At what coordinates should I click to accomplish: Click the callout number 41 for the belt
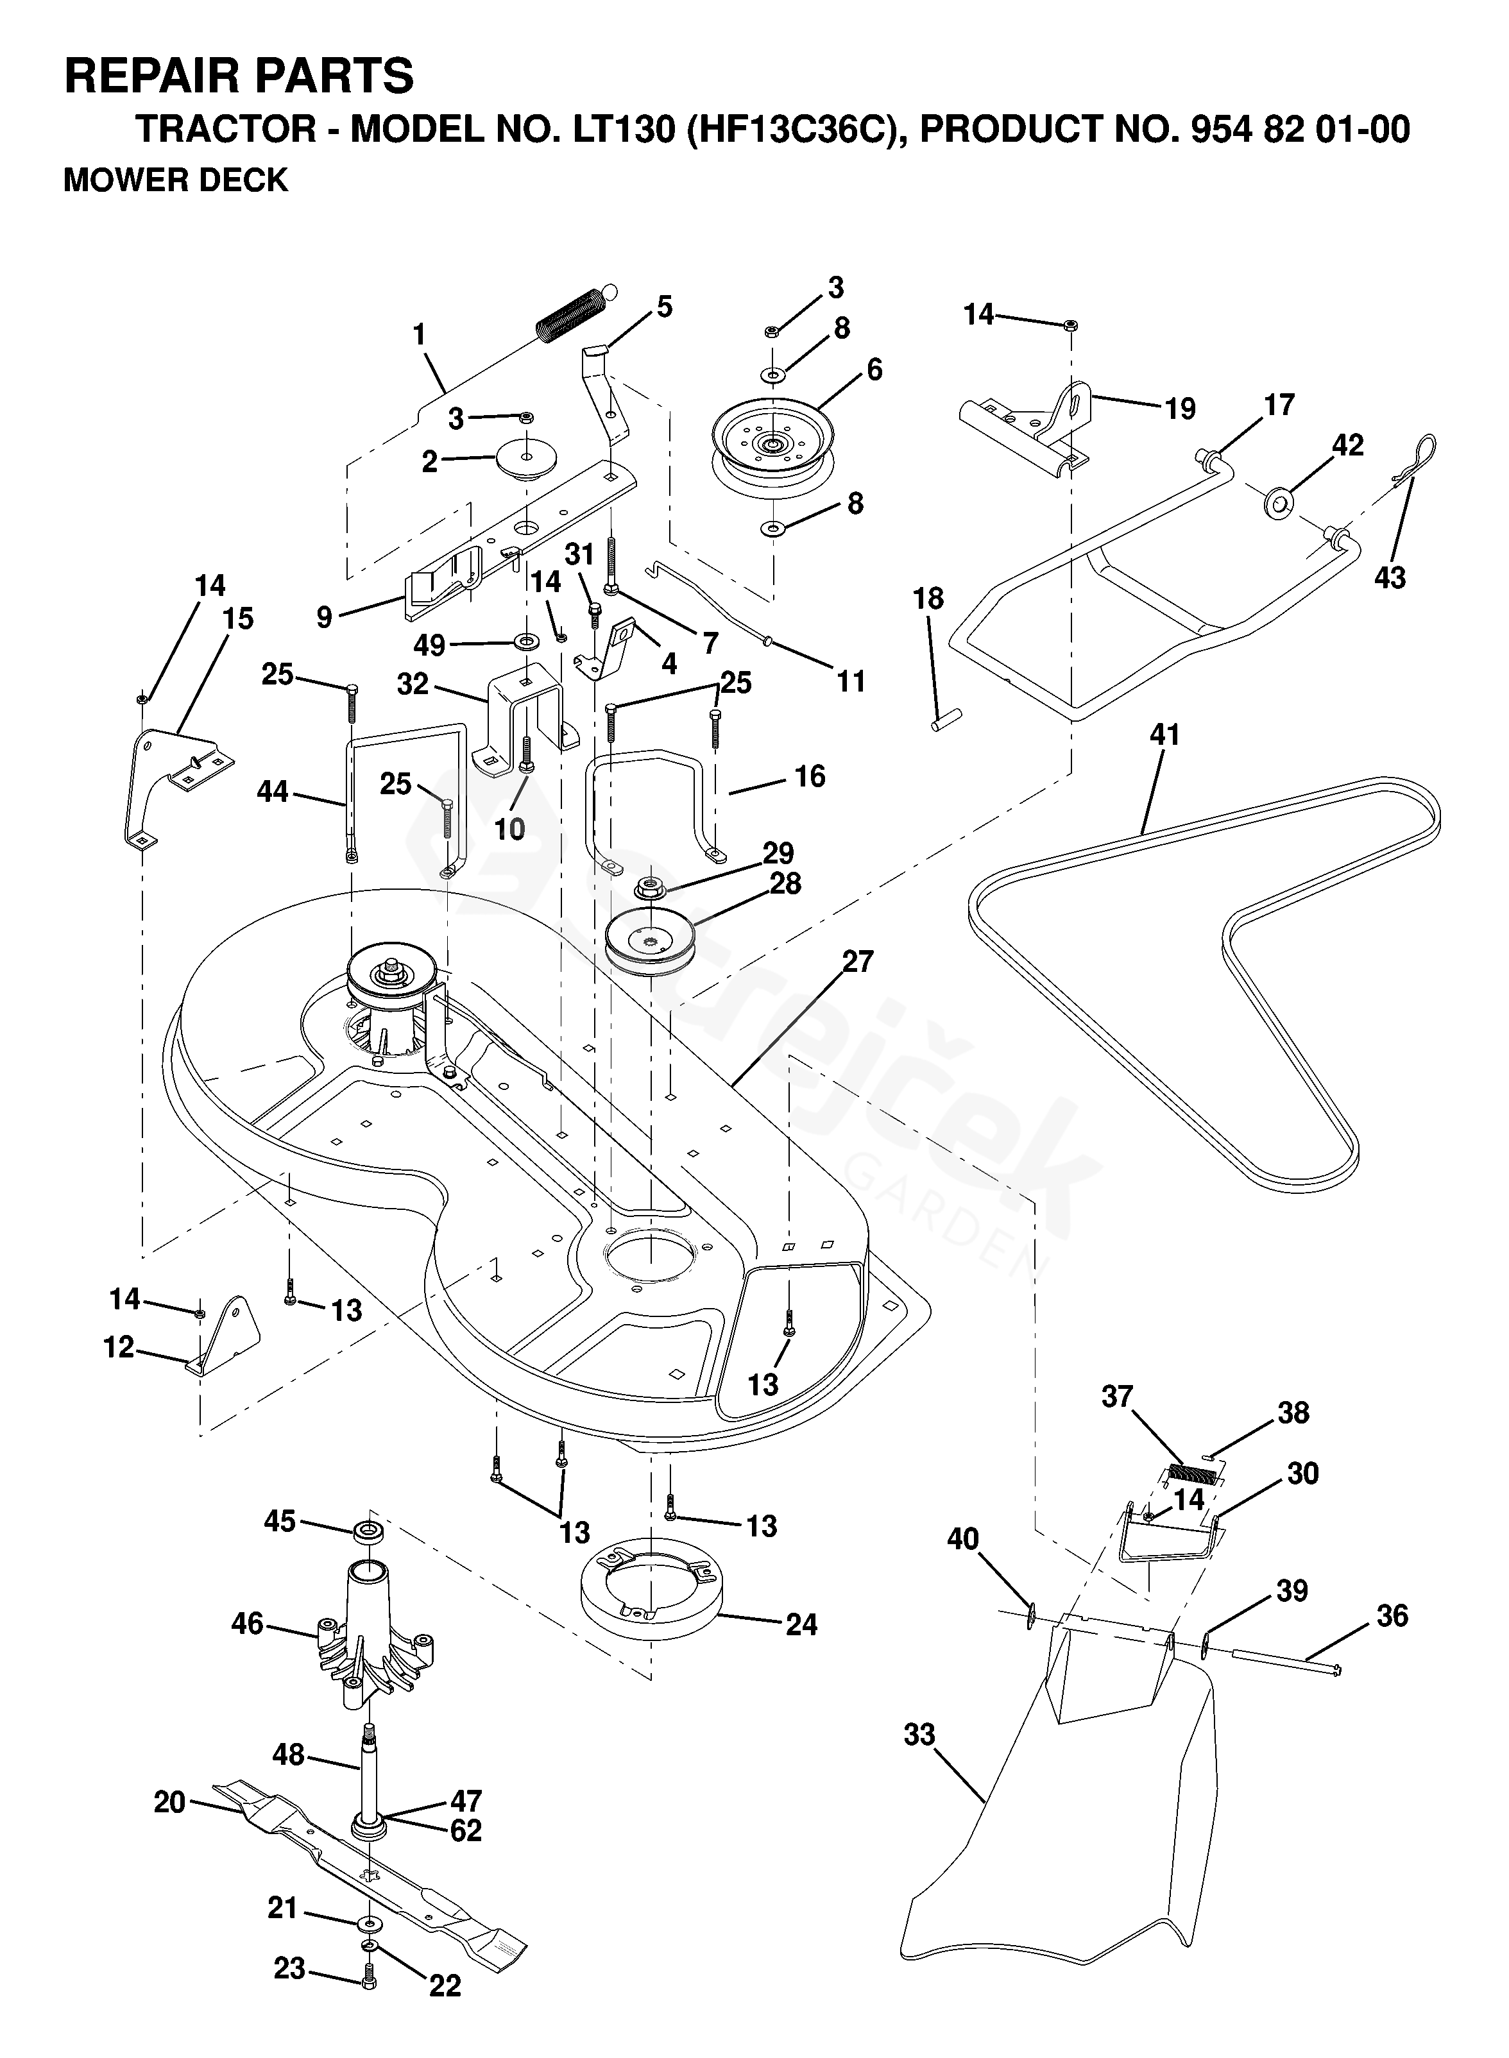tap(1164, 735)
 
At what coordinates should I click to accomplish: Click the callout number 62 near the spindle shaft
tap(465, 1830)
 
